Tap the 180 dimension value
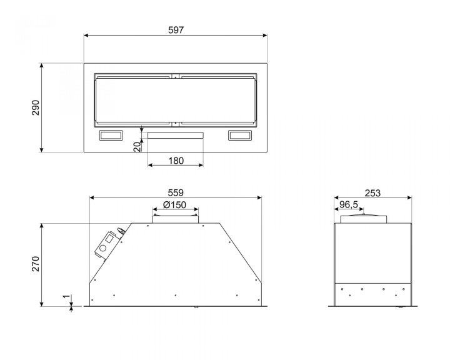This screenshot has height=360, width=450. (176, 161)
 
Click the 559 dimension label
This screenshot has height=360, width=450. (176, 192)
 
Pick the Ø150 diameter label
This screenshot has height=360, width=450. (176, 205)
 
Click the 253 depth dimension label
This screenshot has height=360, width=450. (372, 192)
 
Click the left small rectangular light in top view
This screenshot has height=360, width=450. (111, 135)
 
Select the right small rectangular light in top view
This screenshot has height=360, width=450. (240, 135)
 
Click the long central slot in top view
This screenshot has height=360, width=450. (176, 135)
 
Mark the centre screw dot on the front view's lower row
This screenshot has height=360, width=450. (176, 294)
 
